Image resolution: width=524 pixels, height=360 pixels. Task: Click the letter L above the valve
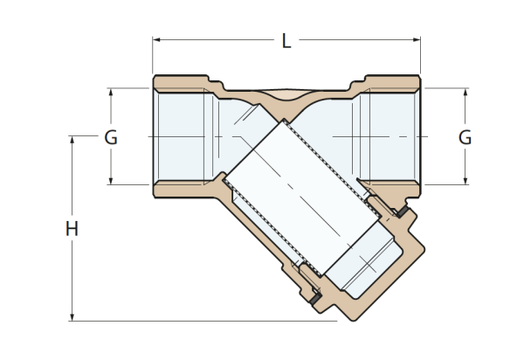click(286, 41)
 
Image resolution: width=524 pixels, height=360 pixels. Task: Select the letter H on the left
click(72, 229)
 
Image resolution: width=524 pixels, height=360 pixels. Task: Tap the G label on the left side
click(111, 137)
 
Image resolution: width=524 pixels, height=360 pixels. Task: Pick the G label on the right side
click(465, 137)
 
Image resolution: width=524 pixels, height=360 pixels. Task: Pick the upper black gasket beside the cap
click(403, 211)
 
